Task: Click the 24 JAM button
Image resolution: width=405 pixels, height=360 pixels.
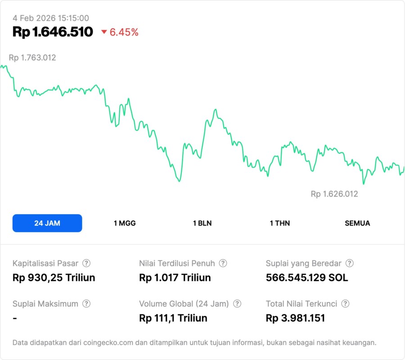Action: [47, 223]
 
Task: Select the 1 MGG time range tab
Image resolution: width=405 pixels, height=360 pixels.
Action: [125, 223]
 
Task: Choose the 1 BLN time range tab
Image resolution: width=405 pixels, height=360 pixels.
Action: [202, 223]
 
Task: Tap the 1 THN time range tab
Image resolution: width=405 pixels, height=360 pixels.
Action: [280, 223]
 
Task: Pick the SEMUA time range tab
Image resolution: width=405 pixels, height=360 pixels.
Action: [357, 223]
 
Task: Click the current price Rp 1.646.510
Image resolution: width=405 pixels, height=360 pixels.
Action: [53, 32]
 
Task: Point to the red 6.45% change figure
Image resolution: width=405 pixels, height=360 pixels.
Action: [124, 32]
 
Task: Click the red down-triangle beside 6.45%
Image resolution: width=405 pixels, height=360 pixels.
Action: [104, 32]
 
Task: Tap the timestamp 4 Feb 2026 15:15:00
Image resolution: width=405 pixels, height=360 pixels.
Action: [51, 18]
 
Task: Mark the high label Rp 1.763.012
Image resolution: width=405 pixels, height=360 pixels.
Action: [32, 58]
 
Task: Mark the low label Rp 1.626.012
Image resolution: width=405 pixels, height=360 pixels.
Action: [334, 194]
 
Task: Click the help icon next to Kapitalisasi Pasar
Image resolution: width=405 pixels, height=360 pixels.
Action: [86, 263]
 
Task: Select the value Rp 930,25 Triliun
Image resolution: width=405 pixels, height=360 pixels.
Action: [54, 278]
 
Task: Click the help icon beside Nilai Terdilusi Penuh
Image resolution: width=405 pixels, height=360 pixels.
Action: [223, 263]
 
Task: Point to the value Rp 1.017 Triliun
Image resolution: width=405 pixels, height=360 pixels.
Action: [175, 278]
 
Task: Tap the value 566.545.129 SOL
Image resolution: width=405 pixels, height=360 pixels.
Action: [307, 278]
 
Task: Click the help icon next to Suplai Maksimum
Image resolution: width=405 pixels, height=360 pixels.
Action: [86, 304]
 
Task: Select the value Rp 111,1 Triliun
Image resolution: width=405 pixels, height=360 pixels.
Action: [173, 318]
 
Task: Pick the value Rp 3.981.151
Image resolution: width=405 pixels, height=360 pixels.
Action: [295, 318]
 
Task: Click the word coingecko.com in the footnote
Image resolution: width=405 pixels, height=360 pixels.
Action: [107, 343]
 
